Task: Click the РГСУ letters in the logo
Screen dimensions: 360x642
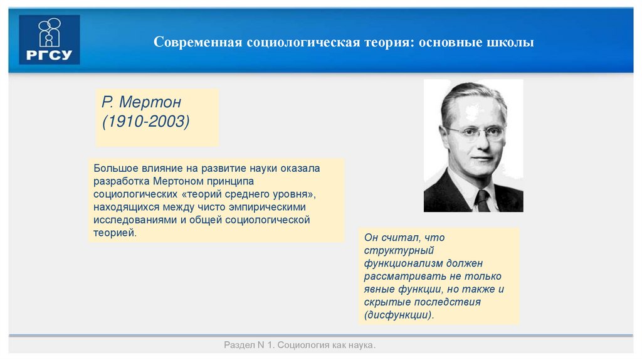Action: tap(50, 55)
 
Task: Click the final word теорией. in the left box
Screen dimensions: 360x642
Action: tap(115, 233)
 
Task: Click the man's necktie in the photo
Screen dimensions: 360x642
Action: tap(481, 201)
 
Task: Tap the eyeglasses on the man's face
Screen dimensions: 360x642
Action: tap(476, 132)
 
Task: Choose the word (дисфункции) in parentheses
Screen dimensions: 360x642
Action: tap(399, 315)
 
